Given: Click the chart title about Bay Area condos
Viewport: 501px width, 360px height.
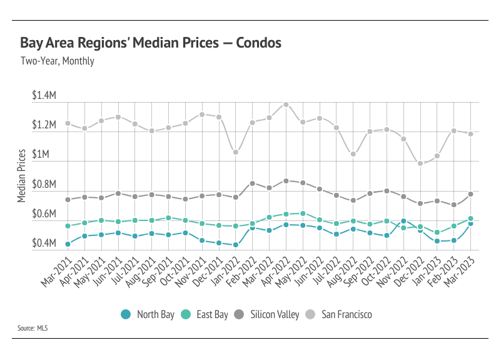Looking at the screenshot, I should [151, 43].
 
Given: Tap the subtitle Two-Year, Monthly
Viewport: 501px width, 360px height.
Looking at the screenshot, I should [58, 61].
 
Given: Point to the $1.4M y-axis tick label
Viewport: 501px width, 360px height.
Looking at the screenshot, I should [45, 96].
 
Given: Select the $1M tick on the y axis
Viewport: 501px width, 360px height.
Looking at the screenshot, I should [48, 155].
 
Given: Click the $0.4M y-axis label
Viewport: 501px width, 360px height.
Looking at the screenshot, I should [45, 244].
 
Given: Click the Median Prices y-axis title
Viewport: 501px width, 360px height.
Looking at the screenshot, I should [21, 175].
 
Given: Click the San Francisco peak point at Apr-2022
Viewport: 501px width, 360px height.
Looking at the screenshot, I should [286, 105].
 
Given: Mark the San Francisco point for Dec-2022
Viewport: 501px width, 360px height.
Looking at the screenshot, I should [420, 163].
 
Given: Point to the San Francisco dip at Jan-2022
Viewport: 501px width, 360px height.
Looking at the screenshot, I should [235, 152].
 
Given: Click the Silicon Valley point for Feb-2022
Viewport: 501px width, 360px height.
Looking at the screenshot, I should [252, 183].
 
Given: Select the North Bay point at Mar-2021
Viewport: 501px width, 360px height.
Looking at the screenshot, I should [68, 244].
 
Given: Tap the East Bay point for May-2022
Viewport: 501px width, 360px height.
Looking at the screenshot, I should [303, 213].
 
